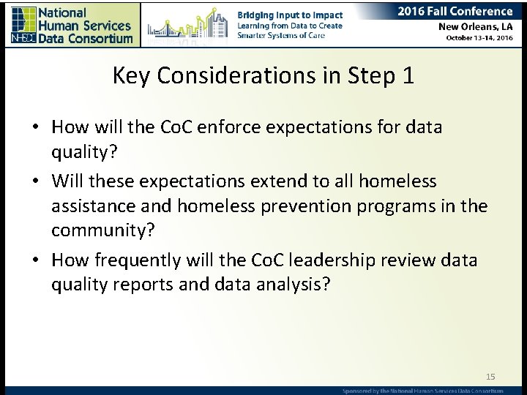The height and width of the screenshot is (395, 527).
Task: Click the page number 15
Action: (x=490, y=377)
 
